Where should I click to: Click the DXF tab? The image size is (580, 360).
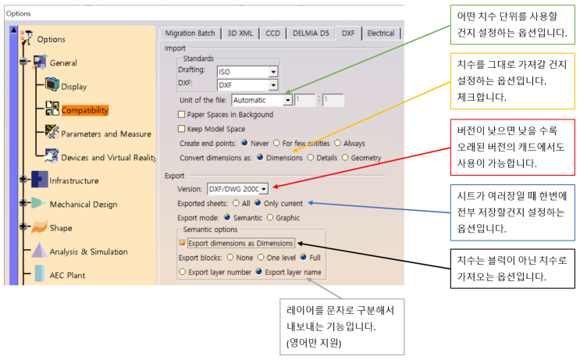[x=348, y=34]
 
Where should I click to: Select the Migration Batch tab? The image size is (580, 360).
[x=190, y=34]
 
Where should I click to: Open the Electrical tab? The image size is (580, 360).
[x=381, y=34]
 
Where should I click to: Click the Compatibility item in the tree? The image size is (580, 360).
[x=85, y=110]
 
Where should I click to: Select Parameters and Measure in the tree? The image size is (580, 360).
[x=106, y=134]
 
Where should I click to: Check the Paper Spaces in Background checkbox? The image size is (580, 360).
[x=181, y=114]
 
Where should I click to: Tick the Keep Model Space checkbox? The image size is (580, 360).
[x=181, y=129]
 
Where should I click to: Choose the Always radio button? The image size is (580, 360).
[x=337, y=143]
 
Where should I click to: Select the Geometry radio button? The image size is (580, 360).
[x=345, y=157]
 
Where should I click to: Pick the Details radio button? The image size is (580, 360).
[x=311, y=157]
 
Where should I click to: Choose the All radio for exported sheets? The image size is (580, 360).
[x=236, y=203]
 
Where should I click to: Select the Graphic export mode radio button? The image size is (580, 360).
[x=270, y=217]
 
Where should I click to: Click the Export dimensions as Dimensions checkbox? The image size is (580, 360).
[x=182, y=243]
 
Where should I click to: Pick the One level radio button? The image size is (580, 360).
[x=261, y=257]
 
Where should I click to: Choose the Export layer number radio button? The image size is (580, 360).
[x=182, y=272]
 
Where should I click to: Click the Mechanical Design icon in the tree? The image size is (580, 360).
[x=39, y=203]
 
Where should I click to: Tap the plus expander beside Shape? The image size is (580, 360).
[x=23, y=226]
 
